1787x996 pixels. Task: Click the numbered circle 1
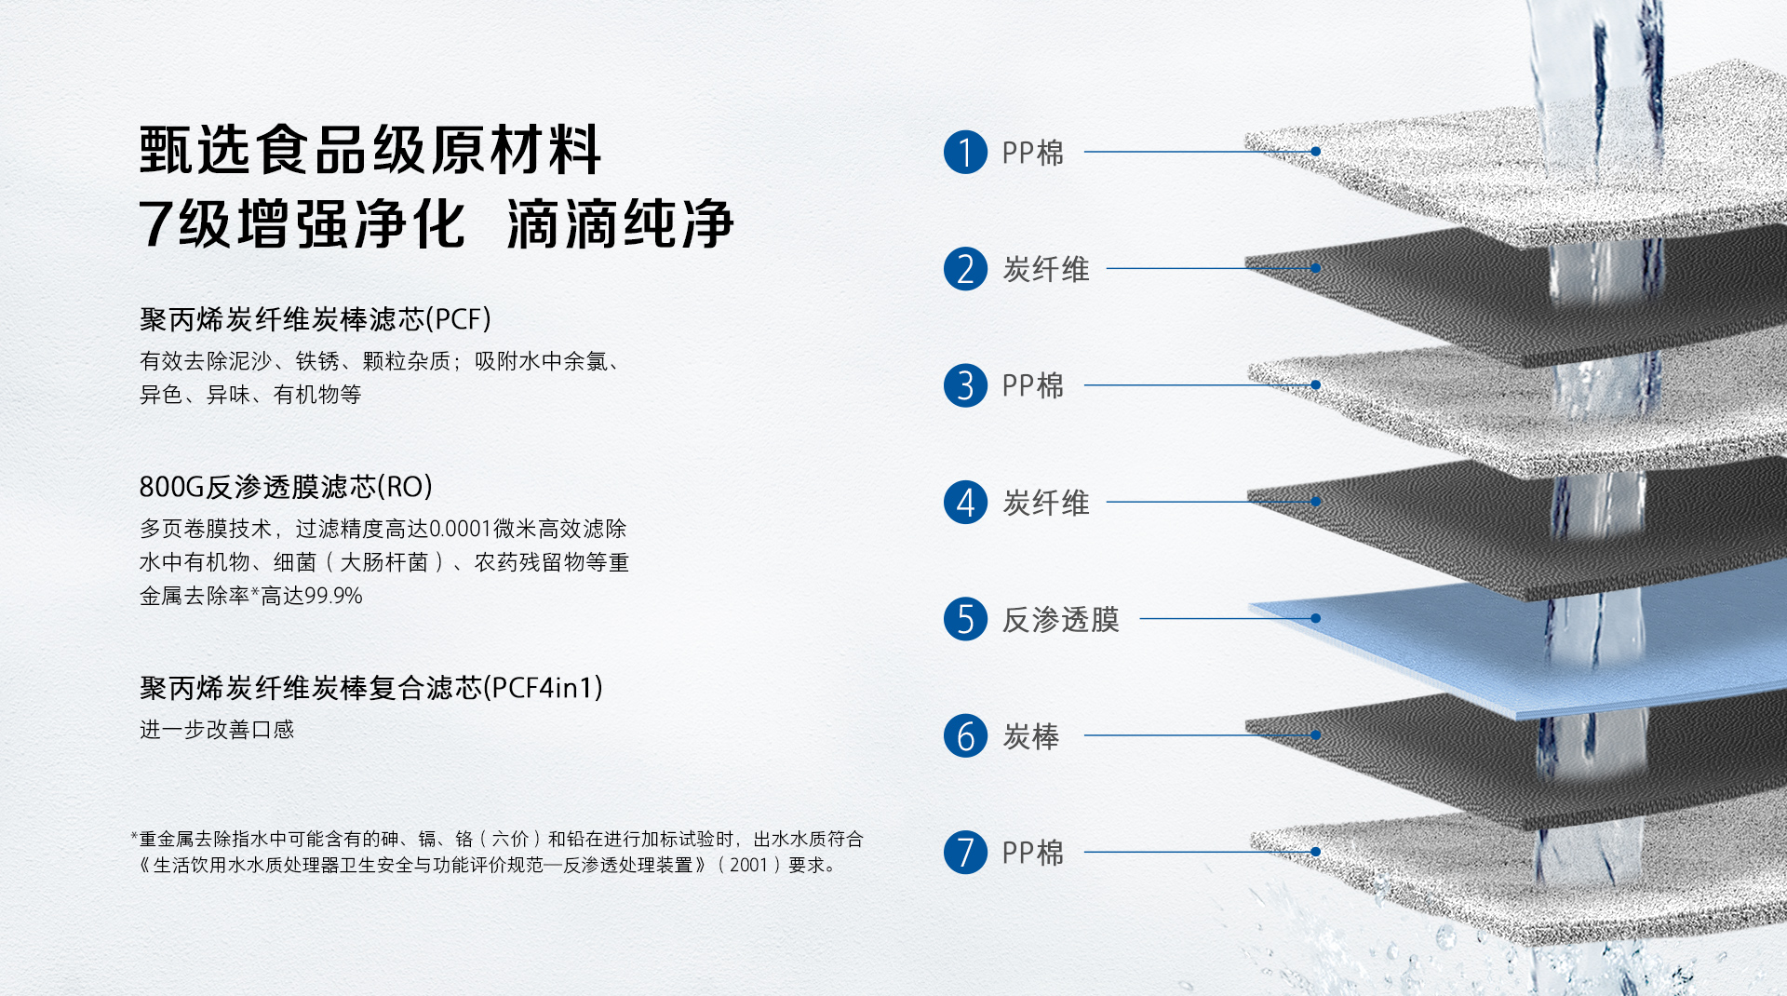(x=965, y=152)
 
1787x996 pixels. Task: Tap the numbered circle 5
(x=965, y=619)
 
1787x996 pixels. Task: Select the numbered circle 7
(x=965, y=853)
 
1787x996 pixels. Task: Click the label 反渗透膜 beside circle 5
(x=1060, y=619)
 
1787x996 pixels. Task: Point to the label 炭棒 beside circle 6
(x=1030, y=736)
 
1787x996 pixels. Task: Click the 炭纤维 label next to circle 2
(x=1045, y=269)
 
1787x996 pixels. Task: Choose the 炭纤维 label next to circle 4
(x=1045, y=503)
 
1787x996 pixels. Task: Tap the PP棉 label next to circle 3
(x=1032, y=385)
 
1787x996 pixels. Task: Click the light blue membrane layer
(x=1526, y=642)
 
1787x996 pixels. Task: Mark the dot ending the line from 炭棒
(x=1316, y=735)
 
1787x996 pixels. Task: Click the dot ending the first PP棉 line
(x=1316, y=151)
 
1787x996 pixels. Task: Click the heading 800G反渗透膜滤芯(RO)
(x=286, y=487)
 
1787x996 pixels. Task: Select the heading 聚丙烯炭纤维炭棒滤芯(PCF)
(x=316, y=319)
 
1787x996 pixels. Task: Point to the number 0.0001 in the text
(x=460, y=529)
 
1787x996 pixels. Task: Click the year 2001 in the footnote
(x=748, y=865)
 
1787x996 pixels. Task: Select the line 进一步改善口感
(x=217, y=730)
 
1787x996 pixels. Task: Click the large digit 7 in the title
(x=155, y=224)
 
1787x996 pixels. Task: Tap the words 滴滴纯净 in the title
(x=621, y=224)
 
